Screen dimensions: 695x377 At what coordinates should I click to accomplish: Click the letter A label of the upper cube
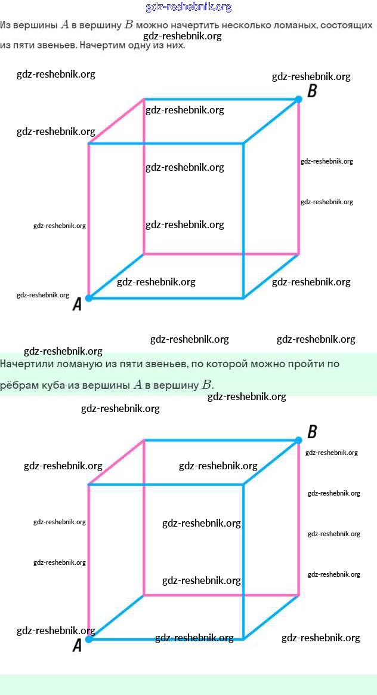pos(76,305)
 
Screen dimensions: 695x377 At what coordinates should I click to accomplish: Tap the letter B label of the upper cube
pos(311,91)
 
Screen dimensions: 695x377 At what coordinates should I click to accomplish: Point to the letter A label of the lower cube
pos(76,645)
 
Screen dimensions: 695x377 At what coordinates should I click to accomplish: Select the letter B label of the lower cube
pos(311,432)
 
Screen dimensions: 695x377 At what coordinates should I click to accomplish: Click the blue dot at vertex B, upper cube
pos(298,99)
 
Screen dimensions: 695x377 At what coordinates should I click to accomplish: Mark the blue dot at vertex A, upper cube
pos(89,297)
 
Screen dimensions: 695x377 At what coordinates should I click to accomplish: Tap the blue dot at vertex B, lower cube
pos(298,441)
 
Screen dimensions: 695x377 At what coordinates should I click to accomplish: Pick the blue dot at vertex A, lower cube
pos(89,639)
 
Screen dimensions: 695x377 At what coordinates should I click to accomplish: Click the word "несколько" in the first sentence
pos(230,26)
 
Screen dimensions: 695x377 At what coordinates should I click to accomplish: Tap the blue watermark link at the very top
pos(188,7)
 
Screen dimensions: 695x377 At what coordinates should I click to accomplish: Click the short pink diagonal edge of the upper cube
pos(116,121)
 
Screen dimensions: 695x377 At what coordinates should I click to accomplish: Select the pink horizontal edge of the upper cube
pos(221,254)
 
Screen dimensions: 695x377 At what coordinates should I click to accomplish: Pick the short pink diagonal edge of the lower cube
pos(116,463)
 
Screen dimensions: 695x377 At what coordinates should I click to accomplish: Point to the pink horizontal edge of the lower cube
pos(221,595)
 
